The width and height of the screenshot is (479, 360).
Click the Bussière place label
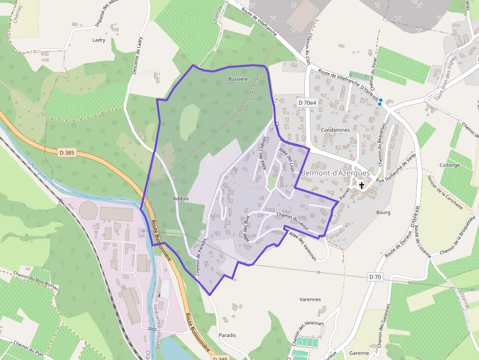coord(238,79)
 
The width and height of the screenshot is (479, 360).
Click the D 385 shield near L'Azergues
coord(67,152)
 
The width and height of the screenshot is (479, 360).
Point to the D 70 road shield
coord(375,277)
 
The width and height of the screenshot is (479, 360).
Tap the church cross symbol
coord(362,185)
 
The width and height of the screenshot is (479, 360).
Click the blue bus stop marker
coord(380,102)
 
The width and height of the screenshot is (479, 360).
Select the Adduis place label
coord(181,199)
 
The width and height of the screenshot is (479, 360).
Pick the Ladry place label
coord(99,40)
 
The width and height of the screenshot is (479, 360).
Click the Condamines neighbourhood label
coord(336,130)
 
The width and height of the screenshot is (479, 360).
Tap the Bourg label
coord(383,212)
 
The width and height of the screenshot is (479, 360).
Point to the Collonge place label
coord(449,165)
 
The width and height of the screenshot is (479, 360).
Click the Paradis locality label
coord(227,335)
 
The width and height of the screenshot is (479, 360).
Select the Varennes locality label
coord(309,299)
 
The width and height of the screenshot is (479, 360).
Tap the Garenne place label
coord(359,353)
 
